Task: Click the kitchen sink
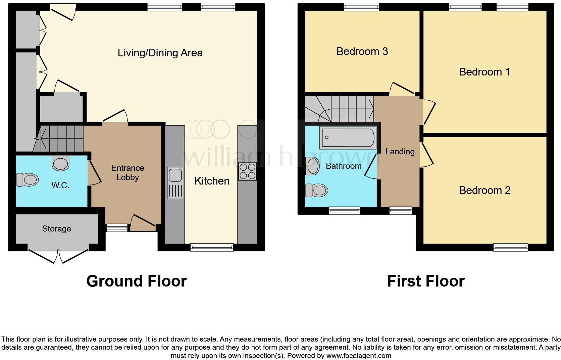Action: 175,183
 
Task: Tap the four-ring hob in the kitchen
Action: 247,171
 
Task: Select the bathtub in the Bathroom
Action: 348,138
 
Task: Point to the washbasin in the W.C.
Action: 61,163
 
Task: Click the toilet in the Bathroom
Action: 316,191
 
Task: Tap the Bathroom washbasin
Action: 313,166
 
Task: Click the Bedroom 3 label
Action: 362,51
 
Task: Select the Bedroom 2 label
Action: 484,190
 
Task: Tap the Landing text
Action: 400,152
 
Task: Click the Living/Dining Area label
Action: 160,53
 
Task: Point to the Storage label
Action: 56,229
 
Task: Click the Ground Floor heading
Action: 136,281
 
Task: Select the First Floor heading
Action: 425,281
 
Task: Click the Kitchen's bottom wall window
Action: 212,247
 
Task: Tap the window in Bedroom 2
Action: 510,247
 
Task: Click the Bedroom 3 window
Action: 361,7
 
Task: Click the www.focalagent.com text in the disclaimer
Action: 358,356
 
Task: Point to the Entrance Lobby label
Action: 127,172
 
